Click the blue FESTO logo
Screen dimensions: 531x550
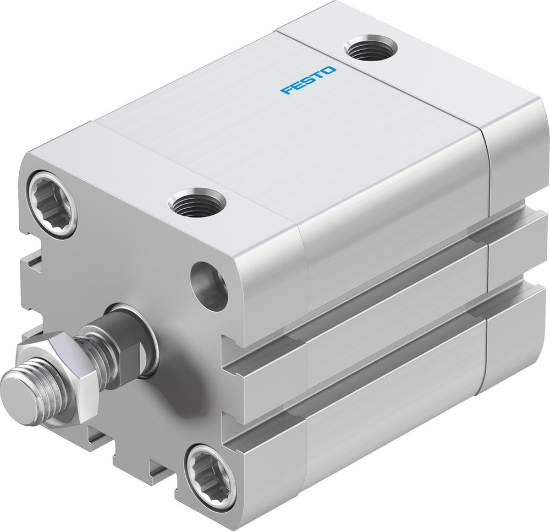pos(308,80)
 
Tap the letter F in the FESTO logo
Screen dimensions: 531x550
pos(287,90)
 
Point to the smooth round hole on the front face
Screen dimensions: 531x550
pos(209,286)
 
